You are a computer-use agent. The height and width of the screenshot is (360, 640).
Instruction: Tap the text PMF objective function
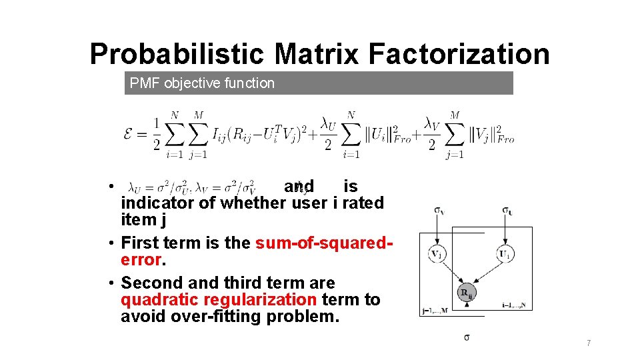coord(202,83)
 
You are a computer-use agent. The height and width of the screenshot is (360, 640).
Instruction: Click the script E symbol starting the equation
coord(131,134)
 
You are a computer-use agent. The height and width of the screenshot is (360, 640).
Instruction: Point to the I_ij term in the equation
coord(221,134)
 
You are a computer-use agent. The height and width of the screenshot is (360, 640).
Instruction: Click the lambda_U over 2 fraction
coord(327,134)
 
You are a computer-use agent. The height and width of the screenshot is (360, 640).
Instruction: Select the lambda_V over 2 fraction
coord(431,134)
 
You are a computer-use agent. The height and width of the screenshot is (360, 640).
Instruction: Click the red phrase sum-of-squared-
coord(325,243)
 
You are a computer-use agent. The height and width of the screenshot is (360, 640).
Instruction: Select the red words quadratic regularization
coord(218,300)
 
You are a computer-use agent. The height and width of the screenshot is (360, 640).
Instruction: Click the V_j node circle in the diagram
coord(437,254)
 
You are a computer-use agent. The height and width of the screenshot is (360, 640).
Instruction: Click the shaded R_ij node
coord(467,293)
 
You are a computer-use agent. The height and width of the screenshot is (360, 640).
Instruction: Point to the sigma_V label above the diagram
coord(439,211)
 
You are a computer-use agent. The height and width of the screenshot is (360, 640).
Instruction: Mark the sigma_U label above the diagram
coord(508,211)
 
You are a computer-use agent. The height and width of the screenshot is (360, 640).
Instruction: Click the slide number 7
coord(589,343)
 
